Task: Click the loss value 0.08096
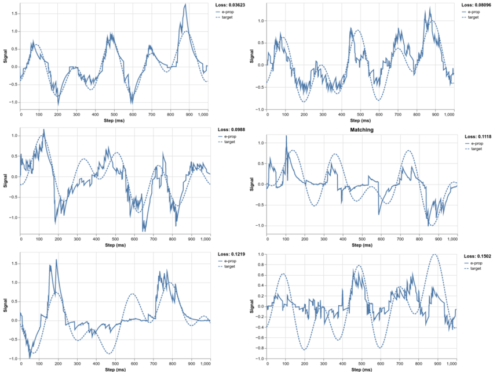coord(476,5)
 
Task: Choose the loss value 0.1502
coord(478,256)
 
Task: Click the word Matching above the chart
coord(361,130)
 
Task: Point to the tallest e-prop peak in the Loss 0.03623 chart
coord(185,5)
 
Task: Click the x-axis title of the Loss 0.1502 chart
coord(361,370)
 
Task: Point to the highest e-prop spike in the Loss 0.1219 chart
coord(56,259)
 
